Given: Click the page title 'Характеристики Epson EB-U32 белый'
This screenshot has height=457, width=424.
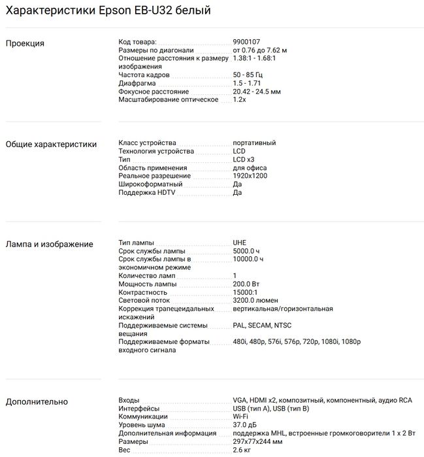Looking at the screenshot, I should pos(108,11).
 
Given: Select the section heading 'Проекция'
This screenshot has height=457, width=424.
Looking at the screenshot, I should pos(25,43).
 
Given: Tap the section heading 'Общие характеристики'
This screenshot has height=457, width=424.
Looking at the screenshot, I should pos(51,144).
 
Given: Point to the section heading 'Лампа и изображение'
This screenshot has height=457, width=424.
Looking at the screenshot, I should pos(49,245).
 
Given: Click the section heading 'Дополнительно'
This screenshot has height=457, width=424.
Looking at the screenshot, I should pos(37,401).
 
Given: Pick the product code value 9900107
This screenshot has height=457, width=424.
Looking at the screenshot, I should pos(247,42).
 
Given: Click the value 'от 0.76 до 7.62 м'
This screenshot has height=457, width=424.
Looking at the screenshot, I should pos(260,50).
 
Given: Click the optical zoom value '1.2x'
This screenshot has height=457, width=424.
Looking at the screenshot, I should pos(239,100).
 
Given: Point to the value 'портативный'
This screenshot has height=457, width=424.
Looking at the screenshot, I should pos(254,143).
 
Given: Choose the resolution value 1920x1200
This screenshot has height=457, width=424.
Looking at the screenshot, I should pos(250,176).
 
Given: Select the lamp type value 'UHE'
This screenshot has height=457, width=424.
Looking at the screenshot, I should pos(240,243).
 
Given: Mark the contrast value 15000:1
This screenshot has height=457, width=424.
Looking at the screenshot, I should pos(246,292).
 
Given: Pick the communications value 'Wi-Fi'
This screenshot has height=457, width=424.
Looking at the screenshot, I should pos(240,416).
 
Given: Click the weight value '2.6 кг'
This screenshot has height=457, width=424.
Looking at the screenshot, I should pos(242,450).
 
